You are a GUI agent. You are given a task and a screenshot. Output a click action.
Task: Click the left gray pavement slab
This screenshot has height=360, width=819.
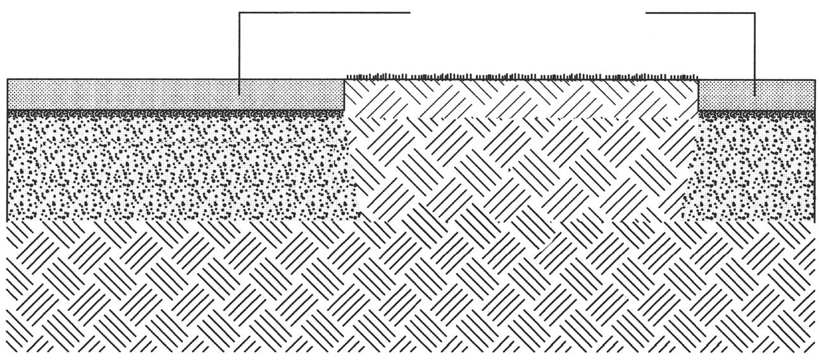[x=127, y=94]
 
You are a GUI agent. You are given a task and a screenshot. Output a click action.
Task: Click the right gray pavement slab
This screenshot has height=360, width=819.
[x=785, y=94]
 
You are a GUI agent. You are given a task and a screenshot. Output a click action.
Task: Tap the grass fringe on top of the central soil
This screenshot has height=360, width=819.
[x=519, y=77]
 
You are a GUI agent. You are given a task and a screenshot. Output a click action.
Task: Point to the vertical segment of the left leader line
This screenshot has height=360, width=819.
[x=239, y=51]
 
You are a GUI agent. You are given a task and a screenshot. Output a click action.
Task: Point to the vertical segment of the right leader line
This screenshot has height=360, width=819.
[x=755, y=51]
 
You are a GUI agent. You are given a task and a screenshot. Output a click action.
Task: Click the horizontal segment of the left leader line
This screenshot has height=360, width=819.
[x=323, y=12]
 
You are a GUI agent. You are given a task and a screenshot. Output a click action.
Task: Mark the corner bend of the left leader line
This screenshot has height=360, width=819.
[x=239, y=12]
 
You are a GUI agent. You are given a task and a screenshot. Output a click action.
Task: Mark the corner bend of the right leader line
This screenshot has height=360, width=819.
[x=755, y=13]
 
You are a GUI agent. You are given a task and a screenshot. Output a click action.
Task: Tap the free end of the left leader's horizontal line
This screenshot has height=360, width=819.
[x=410, y=12]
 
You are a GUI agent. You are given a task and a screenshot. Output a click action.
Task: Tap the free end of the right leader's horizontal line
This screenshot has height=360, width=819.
[x=646, y=13]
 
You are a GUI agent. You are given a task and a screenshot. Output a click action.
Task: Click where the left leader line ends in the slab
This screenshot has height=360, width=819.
[x=239, y=95]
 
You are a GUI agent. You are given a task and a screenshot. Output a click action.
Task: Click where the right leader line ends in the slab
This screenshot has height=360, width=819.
[x=755, y=96]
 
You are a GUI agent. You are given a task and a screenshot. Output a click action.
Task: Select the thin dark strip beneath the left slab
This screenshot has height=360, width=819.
[x=171, y=113]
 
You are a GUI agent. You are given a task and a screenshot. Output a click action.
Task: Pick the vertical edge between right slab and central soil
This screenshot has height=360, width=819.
[x=697, y=95]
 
